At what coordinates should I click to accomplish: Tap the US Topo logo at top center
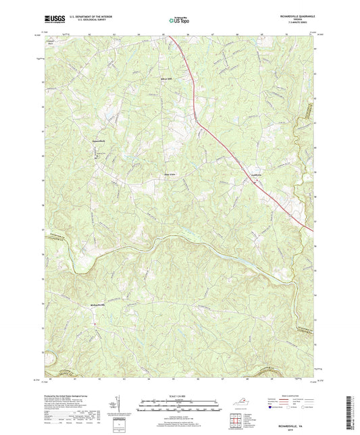(177, 22)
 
